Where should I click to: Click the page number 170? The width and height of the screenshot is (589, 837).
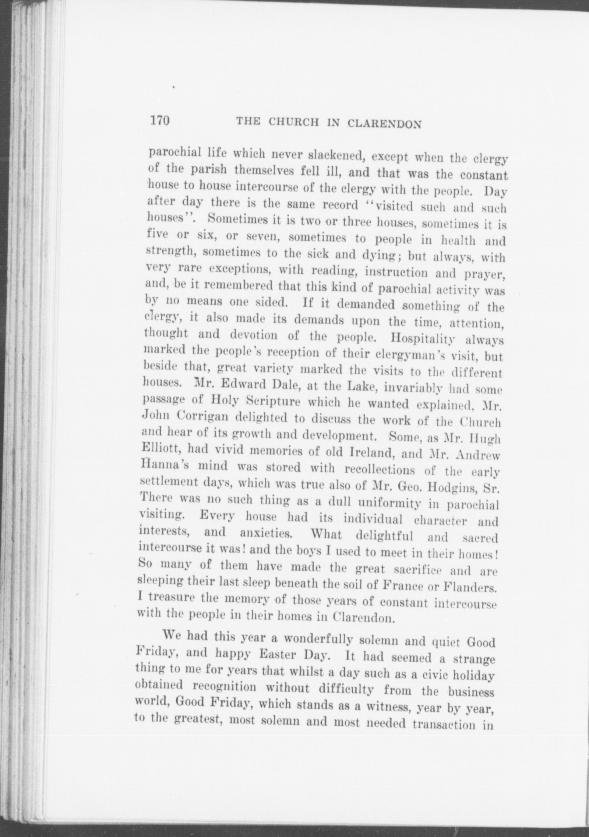159,120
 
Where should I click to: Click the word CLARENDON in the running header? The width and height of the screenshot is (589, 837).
384,123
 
